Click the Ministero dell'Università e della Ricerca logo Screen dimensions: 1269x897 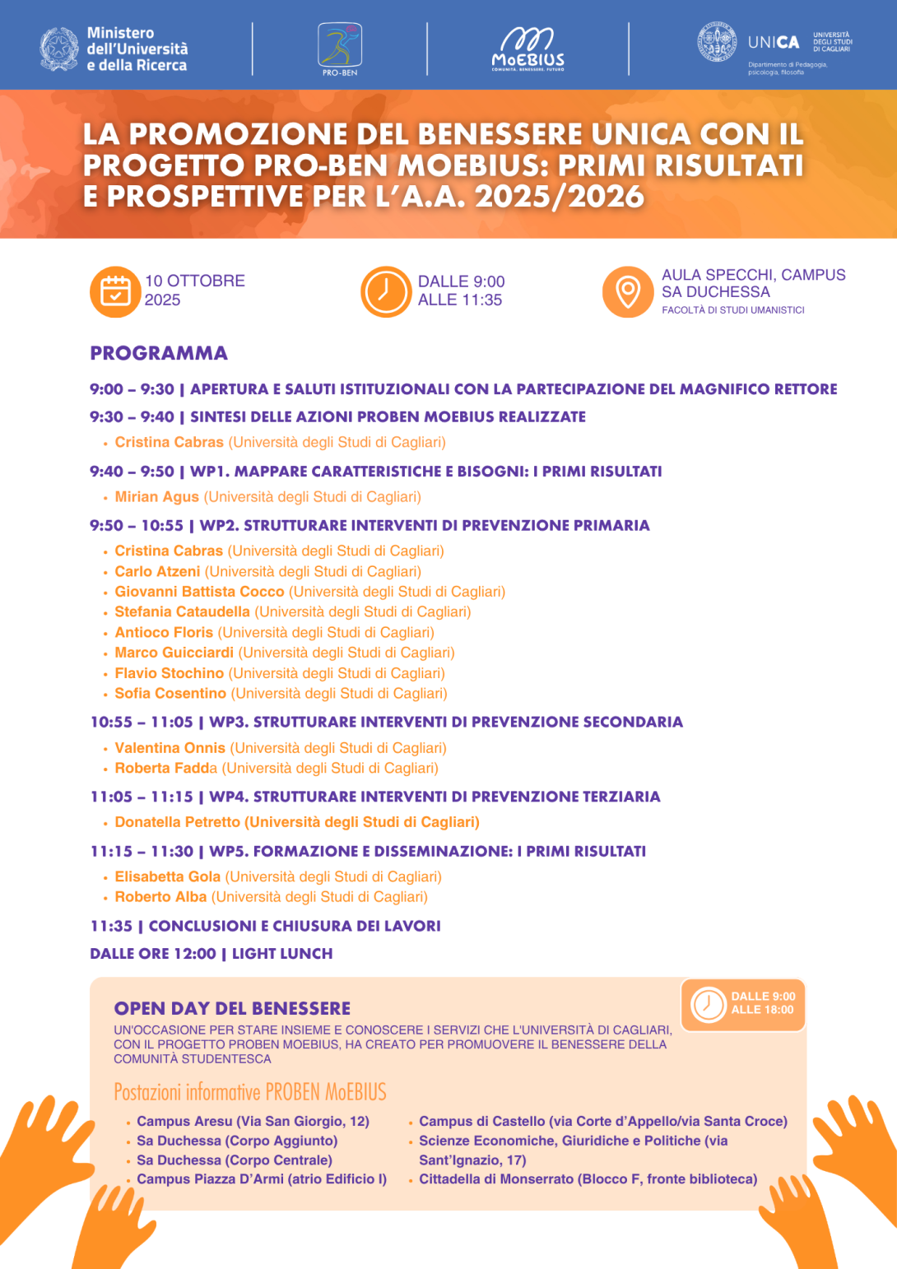tap(114, 49)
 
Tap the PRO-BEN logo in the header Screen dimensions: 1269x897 tap(340, 48)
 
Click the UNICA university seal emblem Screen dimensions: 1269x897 tap(717, 42)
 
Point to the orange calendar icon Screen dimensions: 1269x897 tap(115, 291)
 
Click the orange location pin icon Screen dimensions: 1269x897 tap(628, 291)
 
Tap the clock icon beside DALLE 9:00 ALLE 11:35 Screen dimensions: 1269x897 tap(385, 291)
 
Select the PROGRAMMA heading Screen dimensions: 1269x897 tap(159, 353)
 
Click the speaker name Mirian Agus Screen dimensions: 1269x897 tap(157, 497)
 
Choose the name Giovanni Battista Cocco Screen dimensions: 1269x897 tap(199, 592)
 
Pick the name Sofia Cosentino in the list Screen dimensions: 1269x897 tap(170, 694)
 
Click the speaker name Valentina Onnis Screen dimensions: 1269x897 tap(170, 748)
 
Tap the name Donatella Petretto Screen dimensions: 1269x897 tap(178, 822)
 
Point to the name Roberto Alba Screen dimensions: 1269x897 tap(160, 897)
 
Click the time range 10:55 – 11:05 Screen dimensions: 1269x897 tap(142, 723)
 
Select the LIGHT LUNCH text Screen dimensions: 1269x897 tap(282, 954)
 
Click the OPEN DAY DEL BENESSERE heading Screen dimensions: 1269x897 tap(232, 1009)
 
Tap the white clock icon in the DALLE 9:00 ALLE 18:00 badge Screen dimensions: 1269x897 tap(708, 1004)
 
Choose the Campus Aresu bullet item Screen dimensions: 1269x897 tap(253, 1122)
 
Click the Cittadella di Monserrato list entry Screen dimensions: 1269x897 tap(588, 1179)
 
